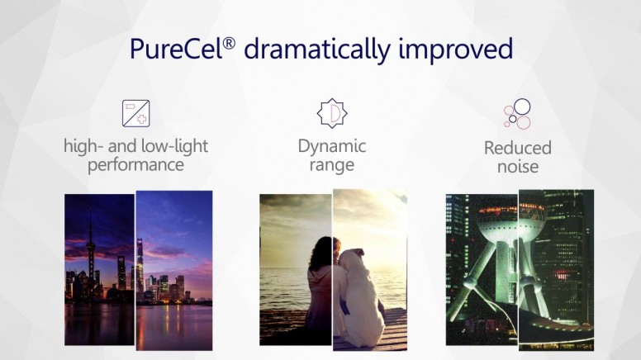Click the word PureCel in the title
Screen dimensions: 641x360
pos(176,49)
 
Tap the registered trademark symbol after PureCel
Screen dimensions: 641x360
pos(230,43)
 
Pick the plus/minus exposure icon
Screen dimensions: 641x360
pos(135,113)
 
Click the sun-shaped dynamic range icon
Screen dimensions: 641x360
pos(332,113)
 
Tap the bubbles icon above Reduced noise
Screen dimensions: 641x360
pos(518,114)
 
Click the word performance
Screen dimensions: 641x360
pos(135,165)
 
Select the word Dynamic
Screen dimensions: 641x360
pos(332,146)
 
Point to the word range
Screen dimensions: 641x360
pos(332,165)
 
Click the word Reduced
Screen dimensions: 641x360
pos(518,148)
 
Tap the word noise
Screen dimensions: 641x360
pos(518,167)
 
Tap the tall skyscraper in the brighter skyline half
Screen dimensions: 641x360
pos(140,266)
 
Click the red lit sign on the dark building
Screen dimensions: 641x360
pos(563,275)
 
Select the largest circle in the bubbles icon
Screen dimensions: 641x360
pos(522,107)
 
